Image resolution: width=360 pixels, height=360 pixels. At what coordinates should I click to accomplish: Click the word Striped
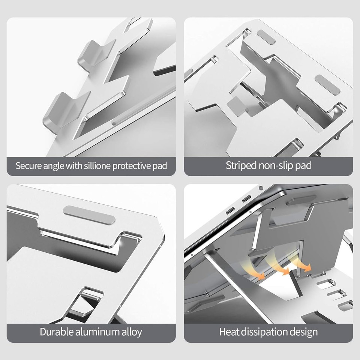coord(241,166)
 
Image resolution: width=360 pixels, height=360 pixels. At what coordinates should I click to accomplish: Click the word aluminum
coord(99,332)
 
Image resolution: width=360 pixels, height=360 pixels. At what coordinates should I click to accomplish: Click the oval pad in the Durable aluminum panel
coord(89,214)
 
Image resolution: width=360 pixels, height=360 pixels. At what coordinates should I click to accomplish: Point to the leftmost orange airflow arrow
coord(259,268)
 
